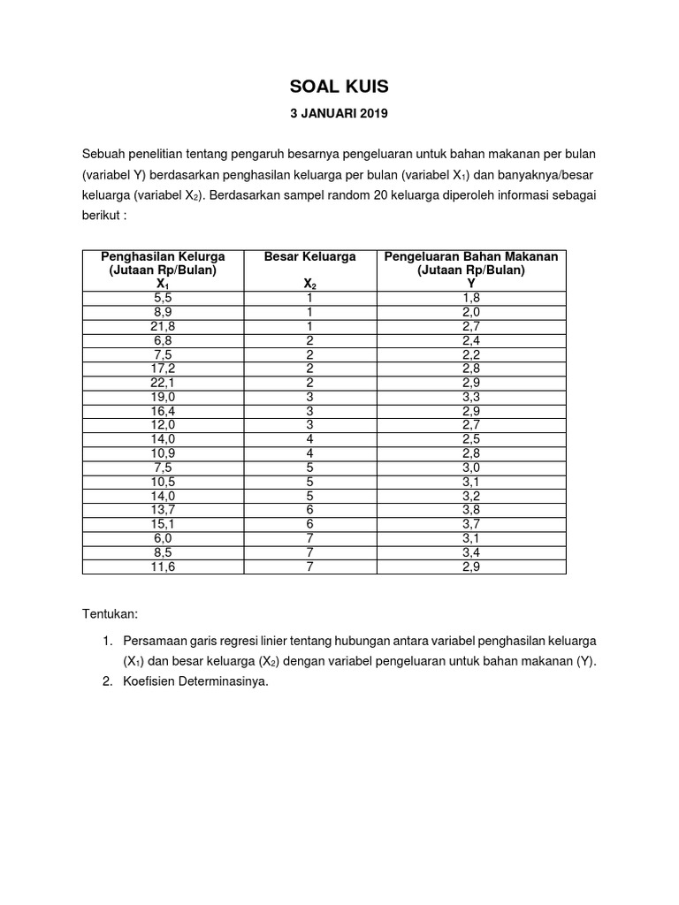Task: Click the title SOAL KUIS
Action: click(x=339, y=87)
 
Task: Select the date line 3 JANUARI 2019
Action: click(x=339, y=113)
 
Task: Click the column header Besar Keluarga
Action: click(x=309, y=256)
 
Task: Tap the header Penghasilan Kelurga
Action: click(x=162, y=256)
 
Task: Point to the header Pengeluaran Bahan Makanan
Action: click(x=470, y=256)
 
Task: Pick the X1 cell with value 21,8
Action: click(x=162, y=326)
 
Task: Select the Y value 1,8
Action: click(x=470, y=299)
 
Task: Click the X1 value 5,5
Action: click(x=162, y=299)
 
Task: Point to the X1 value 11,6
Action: click(x=162, y=567)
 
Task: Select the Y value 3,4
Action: click(x=470, y=553)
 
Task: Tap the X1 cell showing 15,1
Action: click(x=162, y=526)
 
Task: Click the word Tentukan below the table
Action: click(x=110, y=613)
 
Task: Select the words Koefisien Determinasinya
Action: click(x=195, y=681)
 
